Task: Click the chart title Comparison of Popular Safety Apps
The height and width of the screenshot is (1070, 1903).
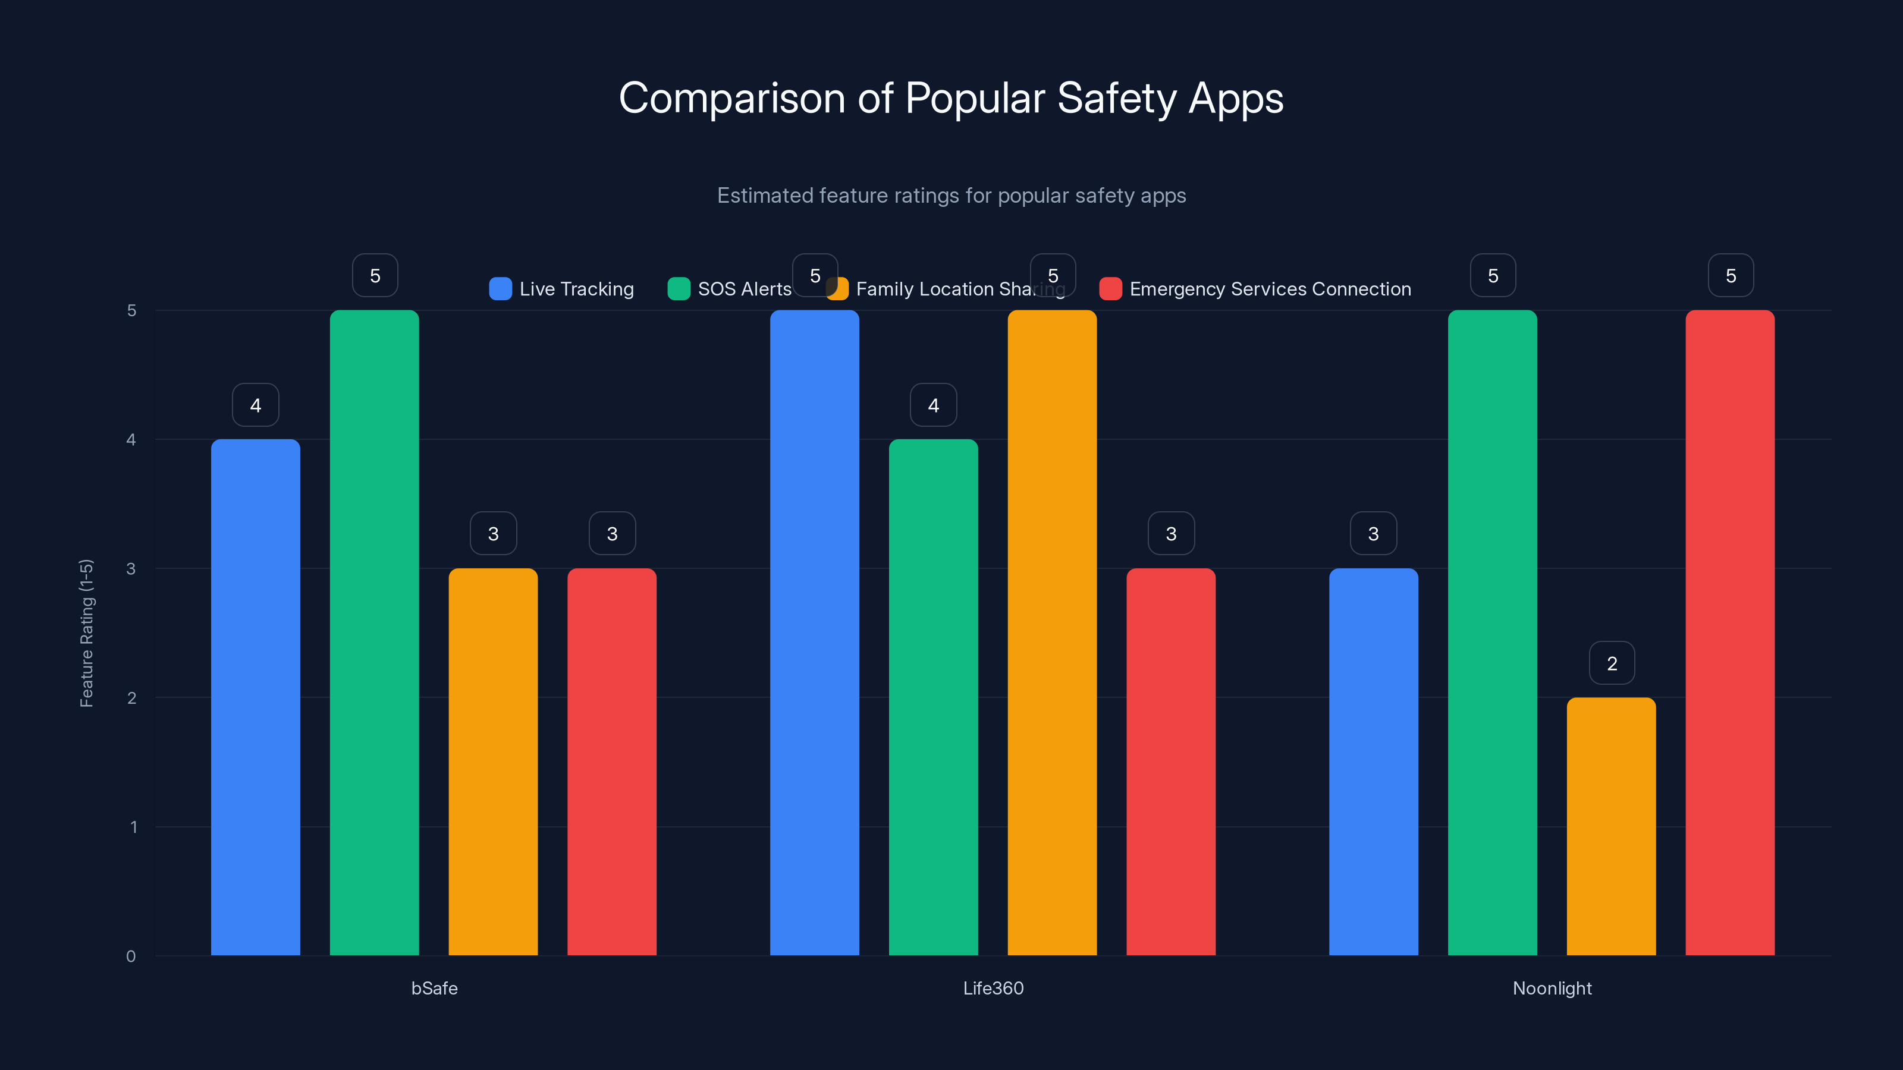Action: [951, 98]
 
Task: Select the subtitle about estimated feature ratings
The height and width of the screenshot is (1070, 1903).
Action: [951, 196]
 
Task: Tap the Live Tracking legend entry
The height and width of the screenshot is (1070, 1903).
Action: [561, 289]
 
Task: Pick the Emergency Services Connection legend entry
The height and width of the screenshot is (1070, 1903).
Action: [1255, 289]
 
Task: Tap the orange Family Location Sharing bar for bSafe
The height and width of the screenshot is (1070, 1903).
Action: [493, 761]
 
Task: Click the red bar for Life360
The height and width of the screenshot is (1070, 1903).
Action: [1171, 761]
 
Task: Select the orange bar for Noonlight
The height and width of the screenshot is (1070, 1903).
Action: [1611, 826]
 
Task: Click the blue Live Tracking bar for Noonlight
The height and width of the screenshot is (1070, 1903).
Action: [1373, 761]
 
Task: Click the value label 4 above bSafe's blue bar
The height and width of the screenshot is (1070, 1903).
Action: [256, 405]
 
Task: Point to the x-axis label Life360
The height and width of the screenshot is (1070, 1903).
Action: [993, 988]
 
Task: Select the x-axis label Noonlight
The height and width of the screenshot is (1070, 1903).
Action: [1552, 988]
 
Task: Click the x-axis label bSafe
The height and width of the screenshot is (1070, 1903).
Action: [434, 988]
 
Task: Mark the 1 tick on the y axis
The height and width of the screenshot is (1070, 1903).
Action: [134, 827]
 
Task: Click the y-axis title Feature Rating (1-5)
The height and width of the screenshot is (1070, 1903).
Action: [86, 633]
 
